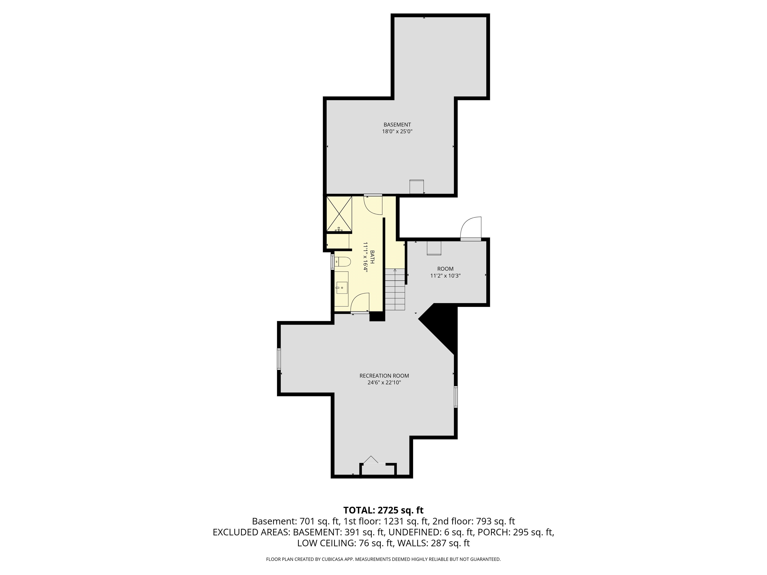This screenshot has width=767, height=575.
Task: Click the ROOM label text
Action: (445, 269)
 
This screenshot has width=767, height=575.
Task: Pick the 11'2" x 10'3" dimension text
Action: (445, 276)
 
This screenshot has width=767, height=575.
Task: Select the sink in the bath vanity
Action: (342, 288)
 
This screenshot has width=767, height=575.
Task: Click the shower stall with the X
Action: (339, 213)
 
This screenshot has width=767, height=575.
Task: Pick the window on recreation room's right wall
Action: (456, 397)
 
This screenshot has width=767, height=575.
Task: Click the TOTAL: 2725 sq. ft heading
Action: (383, 510)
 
